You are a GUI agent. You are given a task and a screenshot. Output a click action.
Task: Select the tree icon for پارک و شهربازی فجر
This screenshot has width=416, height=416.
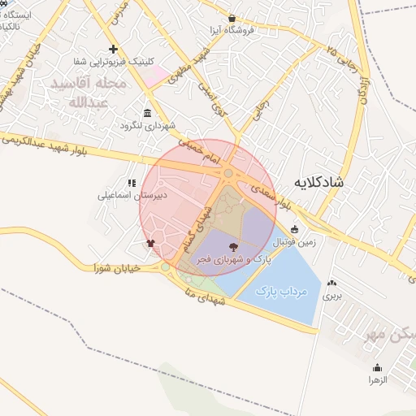pyautogui.click(x=234, y=246)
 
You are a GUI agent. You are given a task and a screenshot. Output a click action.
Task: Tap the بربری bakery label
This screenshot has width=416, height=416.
pyautogui.click(x=332, y=297)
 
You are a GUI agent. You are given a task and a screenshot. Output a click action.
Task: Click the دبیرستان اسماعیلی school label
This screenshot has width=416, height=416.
pyautogui.click(x=134, y=196)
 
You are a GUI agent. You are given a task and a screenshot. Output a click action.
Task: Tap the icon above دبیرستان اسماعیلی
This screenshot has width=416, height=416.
pyautogui.click(x=131, y=182)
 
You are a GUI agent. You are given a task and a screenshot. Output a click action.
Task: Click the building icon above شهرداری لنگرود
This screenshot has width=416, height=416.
pyautogui.click(x=147, y=113)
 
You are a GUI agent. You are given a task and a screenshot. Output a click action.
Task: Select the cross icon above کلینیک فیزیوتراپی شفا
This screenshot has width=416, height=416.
pyautogui.click(x=113, y=50)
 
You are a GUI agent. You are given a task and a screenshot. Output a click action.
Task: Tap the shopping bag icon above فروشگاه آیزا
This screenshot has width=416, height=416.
pyautogui.click(x=232, y=18)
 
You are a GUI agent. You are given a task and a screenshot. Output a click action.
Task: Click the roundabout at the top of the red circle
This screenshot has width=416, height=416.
pyautogui.click(x=229, y=173)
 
